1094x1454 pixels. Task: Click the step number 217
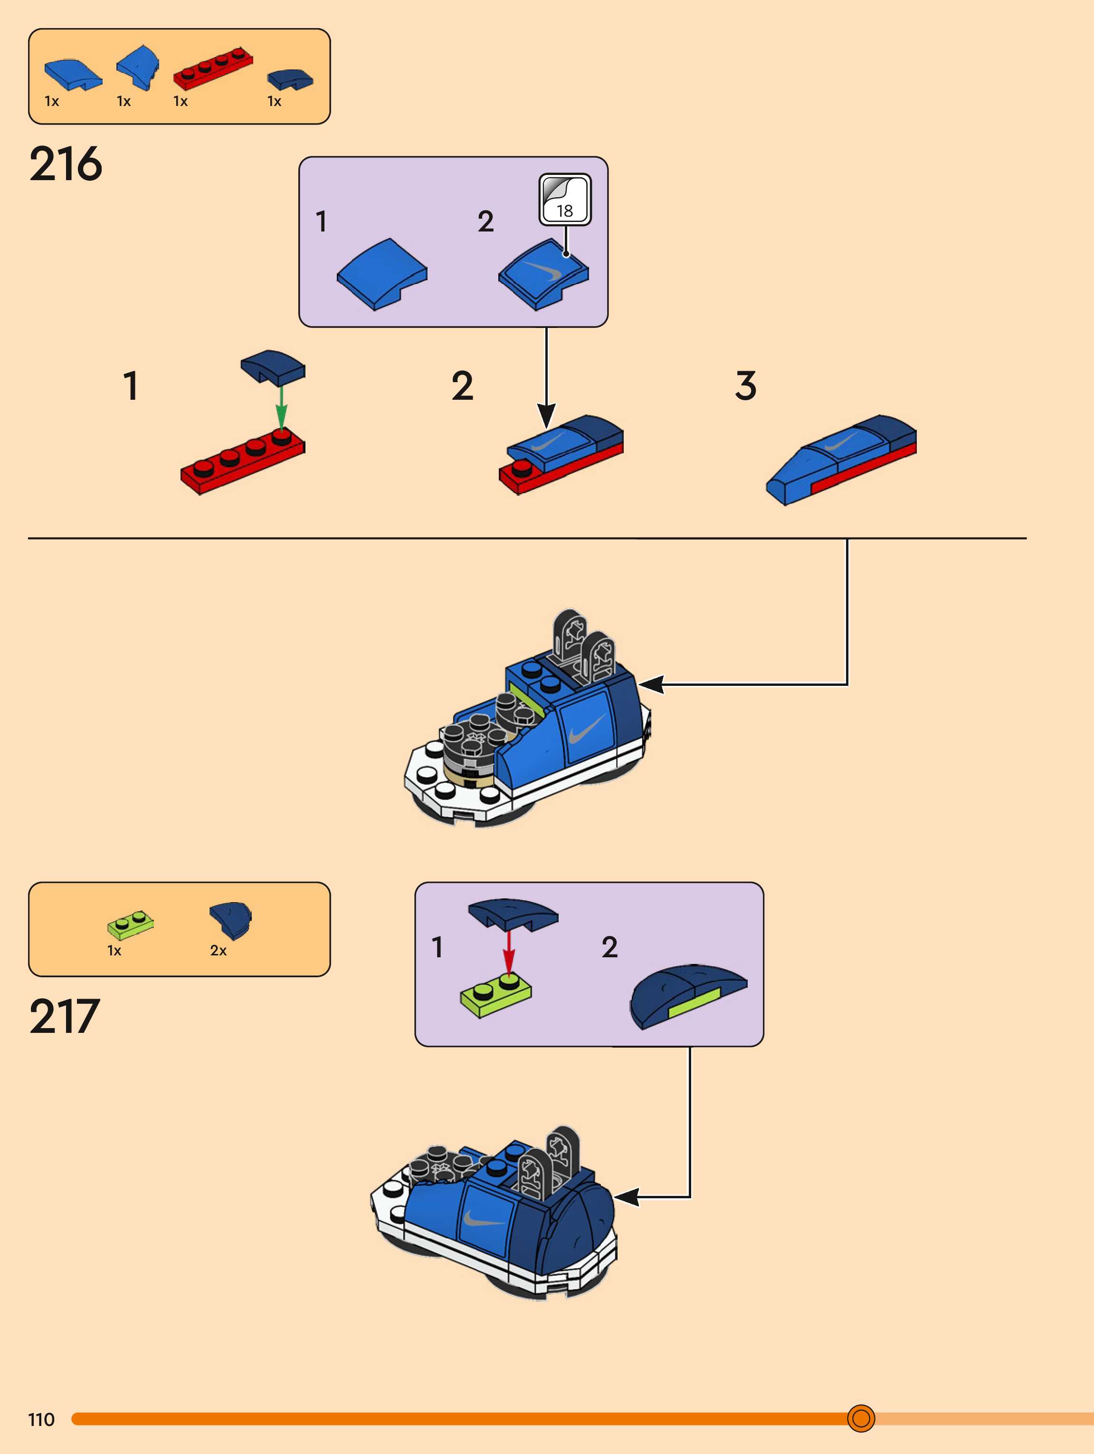coord(65,1016)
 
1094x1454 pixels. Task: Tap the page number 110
coord(41,1420)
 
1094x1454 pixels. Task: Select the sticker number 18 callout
coord(564,200)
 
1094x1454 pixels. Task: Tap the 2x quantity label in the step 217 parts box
coord(218,951)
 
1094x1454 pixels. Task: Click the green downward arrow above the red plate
coord(281,407)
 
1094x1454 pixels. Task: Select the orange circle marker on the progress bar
coord(861,1418)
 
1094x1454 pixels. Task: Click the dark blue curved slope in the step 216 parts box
coord(290,79)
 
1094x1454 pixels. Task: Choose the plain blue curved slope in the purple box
coord(382,274)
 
